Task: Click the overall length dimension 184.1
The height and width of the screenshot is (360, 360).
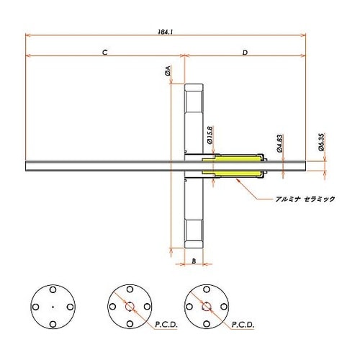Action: coord(169,31)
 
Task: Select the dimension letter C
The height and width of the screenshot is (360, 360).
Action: coord(105,53)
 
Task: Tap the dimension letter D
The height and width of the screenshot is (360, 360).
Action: coord(246,53)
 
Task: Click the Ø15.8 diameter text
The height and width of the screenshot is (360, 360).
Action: coord(209,135)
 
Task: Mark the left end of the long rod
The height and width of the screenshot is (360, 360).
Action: coord(27,166)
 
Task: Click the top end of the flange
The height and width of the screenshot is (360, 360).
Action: coord(194,87)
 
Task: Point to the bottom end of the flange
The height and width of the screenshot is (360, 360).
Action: coord(194,244)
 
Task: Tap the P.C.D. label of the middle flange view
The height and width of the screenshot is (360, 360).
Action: coord(165,325)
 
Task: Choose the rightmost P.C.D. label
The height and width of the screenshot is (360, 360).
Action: coord(243,325)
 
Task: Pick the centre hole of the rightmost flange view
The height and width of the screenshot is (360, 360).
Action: coord(206,307)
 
